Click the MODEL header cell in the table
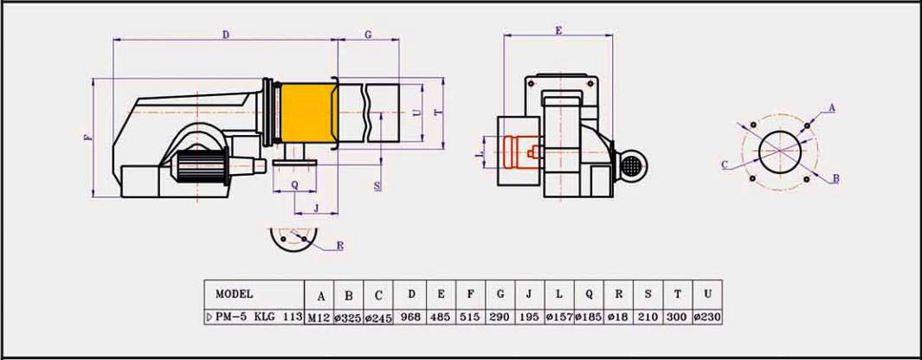234,293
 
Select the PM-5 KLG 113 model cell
255,317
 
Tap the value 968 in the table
411,317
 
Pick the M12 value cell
319,317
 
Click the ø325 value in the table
349,317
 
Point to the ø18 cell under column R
618,317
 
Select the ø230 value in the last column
707,317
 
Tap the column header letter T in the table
677,294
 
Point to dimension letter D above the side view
225,35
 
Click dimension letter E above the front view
558,30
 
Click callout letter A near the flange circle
832,107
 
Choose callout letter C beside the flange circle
724,164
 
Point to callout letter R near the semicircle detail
339,247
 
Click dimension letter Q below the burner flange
294,184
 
